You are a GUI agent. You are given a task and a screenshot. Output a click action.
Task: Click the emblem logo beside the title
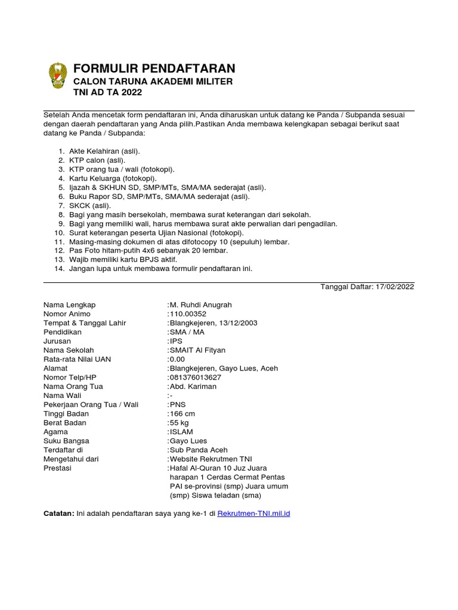(x=58, y=76)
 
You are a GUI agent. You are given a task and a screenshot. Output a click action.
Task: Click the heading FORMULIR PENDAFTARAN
(x=154, y=68)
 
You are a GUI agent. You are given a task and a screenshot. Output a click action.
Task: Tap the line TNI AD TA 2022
(x=107, y=92)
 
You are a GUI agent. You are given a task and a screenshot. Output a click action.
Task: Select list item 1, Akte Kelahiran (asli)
(x=104, y=151)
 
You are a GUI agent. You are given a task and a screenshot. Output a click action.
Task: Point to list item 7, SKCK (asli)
(x=90, y=206)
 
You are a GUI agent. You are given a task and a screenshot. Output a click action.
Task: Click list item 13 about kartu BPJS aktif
(x=123, y=260)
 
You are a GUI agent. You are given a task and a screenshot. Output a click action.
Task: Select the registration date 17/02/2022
(x=394, y=287)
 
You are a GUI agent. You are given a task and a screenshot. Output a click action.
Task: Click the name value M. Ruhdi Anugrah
(x=201, y=305)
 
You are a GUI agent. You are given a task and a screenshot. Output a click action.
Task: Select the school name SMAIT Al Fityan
(x=197, y=350)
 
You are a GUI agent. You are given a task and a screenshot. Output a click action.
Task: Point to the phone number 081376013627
(x=195, y=378)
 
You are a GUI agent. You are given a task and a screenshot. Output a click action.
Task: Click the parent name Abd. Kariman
(x=193, y=387)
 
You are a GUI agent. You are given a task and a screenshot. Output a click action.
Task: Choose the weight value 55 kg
(x=180, y=423)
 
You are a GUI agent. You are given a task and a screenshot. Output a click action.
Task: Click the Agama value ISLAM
(x=181, y=432)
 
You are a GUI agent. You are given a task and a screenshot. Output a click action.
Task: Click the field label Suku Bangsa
(x=66, y=441)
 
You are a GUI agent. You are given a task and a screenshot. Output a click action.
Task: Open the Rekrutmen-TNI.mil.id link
(x=253, y=513)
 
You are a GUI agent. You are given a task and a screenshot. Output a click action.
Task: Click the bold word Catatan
(x=59, y=513)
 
